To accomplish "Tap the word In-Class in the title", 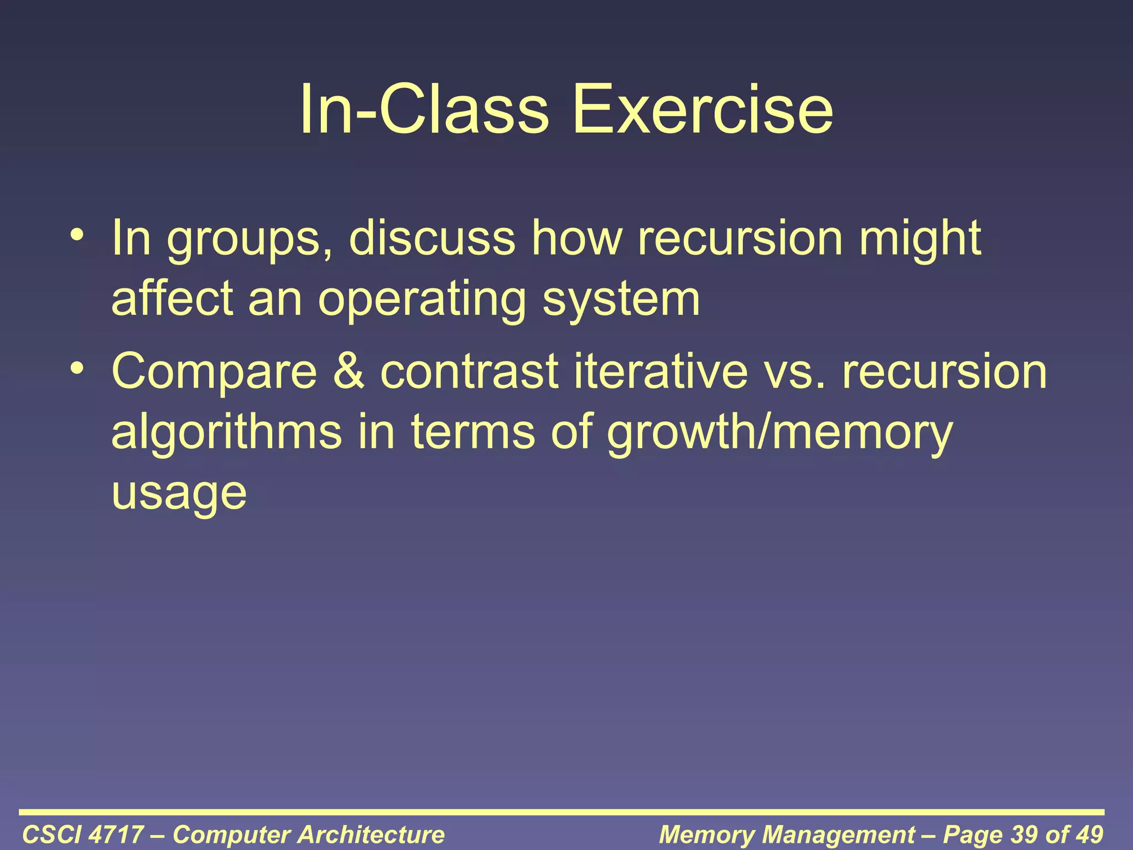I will tap(424, 109).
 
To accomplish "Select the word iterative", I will tap(661, 372).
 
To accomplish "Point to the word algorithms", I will tap(227, 433).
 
